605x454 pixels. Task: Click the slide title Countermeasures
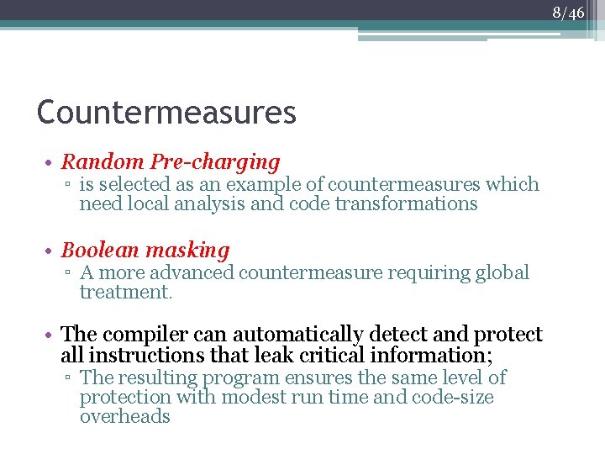click(166, 112)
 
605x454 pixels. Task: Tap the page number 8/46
click(569, 13)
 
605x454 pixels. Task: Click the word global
click(501, 272)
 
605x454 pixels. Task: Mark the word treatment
click(125, 292)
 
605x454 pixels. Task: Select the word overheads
click(125, 416)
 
